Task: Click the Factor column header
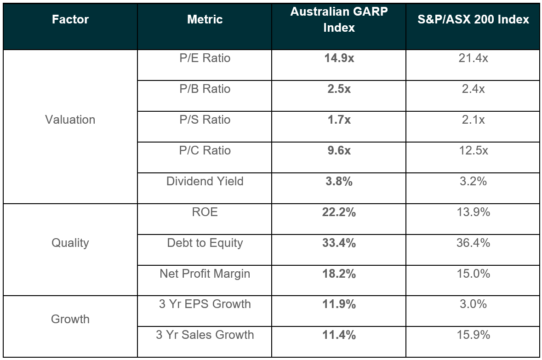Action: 70,19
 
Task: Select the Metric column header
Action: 205,19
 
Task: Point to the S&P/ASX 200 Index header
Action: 473,19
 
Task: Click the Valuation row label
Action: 70,120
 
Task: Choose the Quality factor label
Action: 70,243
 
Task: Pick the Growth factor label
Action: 70,319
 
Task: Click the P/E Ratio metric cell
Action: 205,58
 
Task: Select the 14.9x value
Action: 339,58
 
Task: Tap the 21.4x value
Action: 473,58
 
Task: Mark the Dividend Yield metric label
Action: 205,181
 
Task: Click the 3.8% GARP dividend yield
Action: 339,181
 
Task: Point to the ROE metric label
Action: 205,212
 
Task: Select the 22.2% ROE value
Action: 339,212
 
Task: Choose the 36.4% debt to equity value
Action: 473,243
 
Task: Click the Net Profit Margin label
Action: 205,274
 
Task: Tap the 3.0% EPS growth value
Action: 473,304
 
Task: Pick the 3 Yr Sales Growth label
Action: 205,335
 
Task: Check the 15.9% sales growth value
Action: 473,335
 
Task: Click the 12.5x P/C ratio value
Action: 473,150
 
